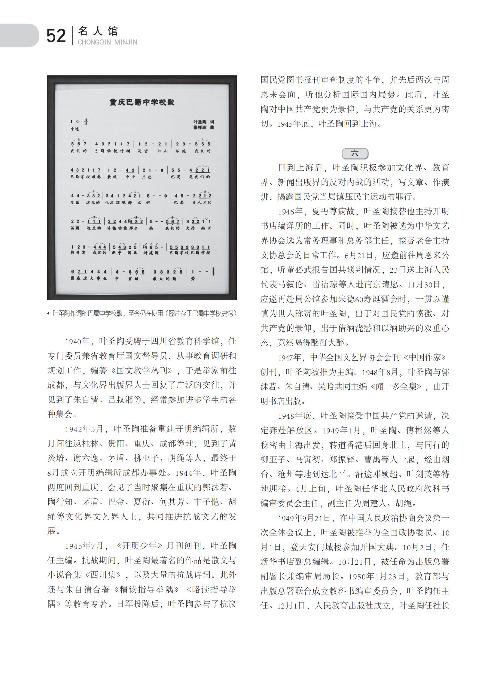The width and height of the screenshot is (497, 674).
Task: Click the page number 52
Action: point(56,36)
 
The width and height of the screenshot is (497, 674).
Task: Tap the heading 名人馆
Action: point(98,31)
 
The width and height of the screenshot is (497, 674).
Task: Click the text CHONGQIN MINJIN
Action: point(107,42)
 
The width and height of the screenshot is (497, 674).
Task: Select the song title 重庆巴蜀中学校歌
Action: point(142,102)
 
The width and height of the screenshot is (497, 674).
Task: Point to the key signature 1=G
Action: point(75,122)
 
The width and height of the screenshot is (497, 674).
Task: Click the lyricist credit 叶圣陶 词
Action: point(204,122)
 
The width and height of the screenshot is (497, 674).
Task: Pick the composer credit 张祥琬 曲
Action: point(204,128)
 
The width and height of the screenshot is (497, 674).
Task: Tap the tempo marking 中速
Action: point(75,129)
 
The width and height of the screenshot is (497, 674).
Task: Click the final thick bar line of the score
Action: point(213,272)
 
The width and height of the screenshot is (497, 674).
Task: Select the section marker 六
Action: point(355,153)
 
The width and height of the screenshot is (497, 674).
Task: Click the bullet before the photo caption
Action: point(48,314)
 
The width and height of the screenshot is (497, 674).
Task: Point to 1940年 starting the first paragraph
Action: point(77,342)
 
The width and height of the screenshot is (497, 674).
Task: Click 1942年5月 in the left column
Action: point(84,429)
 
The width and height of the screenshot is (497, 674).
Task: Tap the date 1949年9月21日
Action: point(304,518)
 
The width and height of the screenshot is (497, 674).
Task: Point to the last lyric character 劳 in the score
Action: point(193,278)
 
